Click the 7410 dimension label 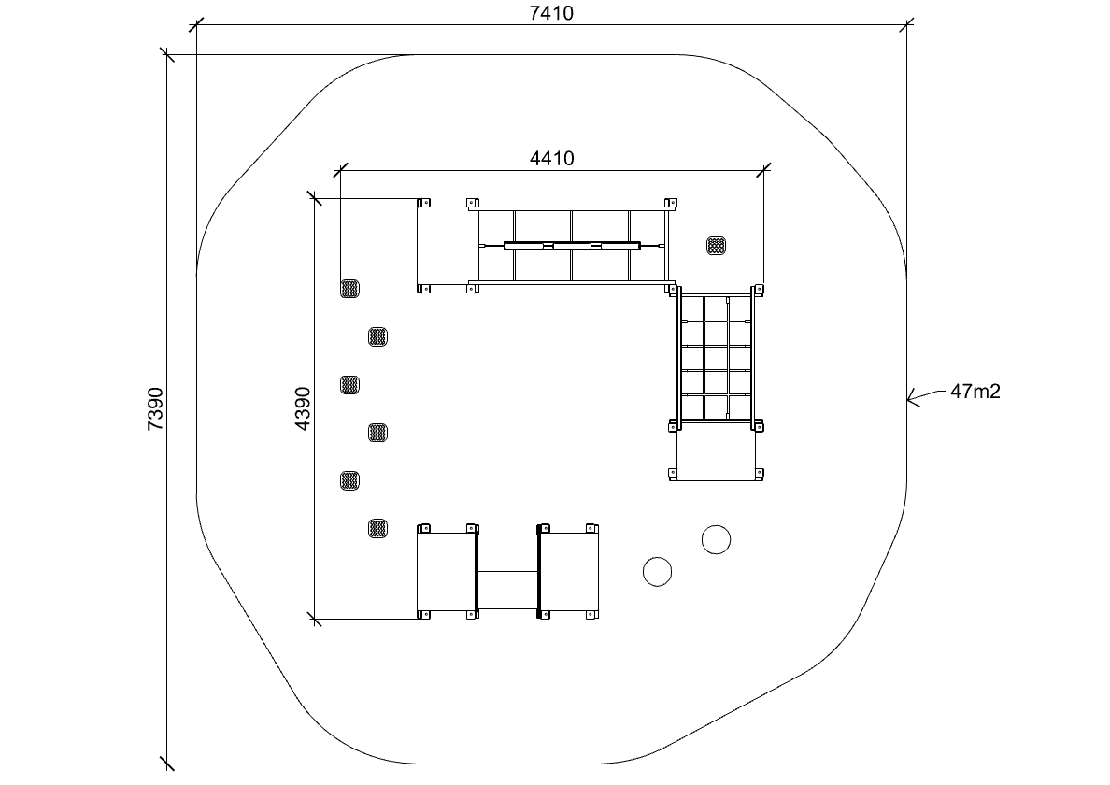point(551,13)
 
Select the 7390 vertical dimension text point(155,409)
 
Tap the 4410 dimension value point(551,158)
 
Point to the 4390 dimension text point(303,408)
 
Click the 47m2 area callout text point(975,392)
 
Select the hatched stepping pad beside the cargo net point(717,246)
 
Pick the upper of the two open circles point(716,539)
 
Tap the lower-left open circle point(657,571)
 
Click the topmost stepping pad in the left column point(349,288)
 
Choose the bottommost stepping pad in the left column point(378,528)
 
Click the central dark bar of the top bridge point(572,246)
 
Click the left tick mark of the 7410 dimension point(197,25)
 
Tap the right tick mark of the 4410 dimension point(764,170)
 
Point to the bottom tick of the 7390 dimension point(168,764)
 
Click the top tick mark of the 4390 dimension point(315,198)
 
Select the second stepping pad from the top point(378,336)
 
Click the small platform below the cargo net point(716,453)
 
